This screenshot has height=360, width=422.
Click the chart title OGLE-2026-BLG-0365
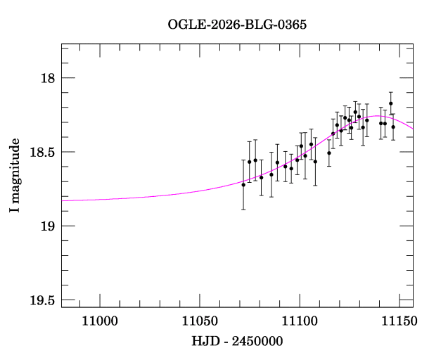(x=237, y=25)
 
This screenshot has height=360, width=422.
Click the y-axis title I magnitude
(x=15, y=176)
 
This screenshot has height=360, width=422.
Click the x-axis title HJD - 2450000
(x=237, y=341)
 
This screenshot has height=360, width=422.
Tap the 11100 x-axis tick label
(x=300, y=322)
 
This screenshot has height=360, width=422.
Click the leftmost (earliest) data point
(x=243, y=184)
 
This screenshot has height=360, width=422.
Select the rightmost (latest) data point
(x=393, y=127)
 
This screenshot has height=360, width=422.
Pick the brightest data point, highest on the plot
(x=390, y=103)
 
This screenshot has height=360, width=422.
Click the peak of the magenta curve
(x=378, y=116)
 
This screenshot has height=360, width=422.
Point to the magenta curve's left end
(x=63, y=200)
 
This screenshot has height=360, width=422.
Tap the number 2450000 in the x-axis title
(x=257, y=341)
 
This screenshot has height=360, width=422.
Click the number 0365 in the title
(x=295, y=25)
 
